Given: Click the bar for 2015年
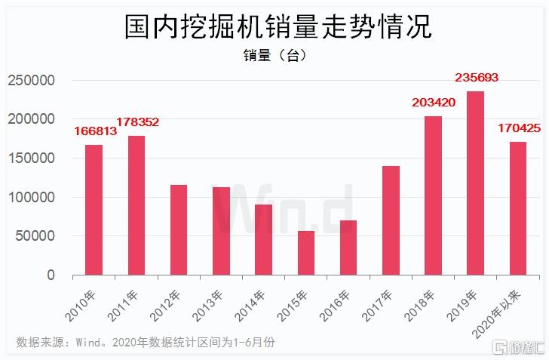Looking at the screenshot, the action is pyautogui.click(x=306, y=253).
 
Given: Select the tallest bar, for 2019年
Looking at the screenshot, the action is pyautogui.click(x=475, y=183).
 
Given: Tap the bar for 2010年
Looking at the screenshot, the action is pyautogui.click(x=94, y=210).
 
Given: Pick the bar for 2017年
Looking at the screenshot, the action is pyautogui.click(x=391, y=220).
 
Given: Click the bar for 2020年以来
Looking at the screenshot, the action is pyautogui.click(x=518, y=208).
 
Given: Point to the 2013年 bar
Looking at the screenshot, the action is pyautogui.click(x=221, y=231).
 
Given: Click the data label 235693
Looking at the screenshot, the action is pyautogui.click(x=476, y=78).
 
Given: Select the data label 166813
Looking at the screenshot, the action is pyautogui.click(x=95, y=131).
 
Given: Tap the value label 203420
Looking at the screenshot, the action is pyautogui.click(x=434, y=103).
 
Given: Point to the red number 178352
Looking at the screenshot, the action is pyautogui.click(x=137, y=122).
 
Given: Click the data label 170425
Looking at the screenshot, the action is pyautogui.click(x=520, y=128).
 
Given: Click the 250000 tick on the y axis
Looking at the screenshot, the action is pyautogui.click(x=32, y=80).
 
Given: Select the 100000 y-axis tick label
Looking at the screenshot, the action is pyautogui.click(x=32, y=197).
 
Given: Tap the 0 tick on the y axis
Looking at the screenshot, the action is pyautogui.click(x=51, y=275).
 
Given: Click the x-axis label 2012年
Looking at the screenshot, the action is pyautogui.click(x=165, y=306).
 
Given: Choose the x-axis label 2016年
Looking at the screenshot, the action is pyautogui.click(x=335, y=306).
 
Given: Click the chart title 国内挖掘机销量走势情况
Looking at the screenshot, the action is pyautogui.click(x=278, y=26).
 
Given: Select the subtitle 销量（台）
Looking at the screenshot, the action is pyautogui.click(x=274, y=55).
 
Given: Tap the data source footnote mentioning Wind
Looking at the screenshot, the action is pyautogui.click(x=146, y=342).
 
